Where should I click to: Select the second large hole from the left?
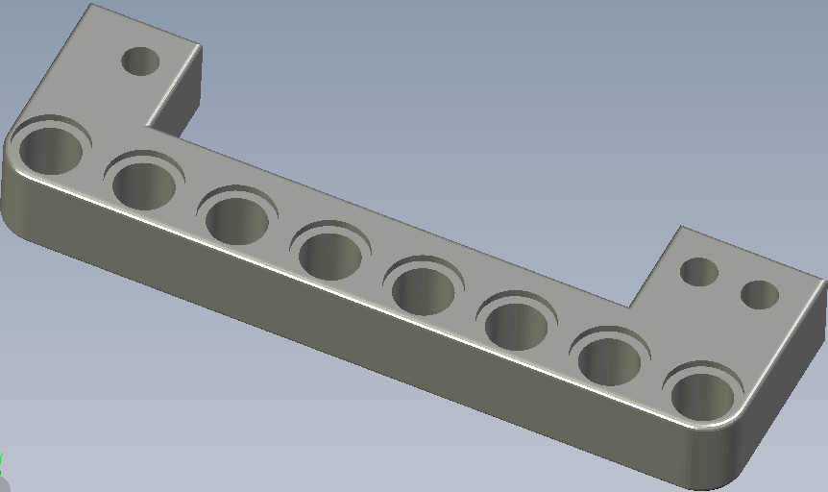(x=144, y=184)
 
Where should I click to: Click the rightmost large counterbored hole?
(x=702, y=396)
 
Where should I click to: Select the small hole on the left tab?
(x=140, y=61)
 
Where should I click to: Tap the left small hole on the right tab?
(x=699, y=272)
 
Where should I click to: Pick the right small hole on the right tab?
(x=759, y=295)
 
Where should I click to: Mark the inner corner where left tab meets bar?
(x=146, y=125)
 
